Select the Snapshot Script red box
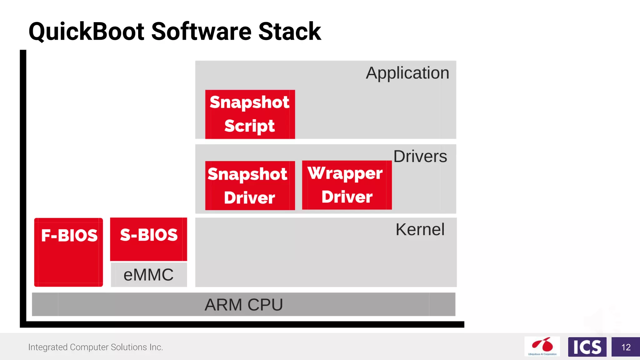pyautogui.click(x=250, y=114)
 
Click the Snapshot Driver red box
pyautogui.click(x=250, y=185)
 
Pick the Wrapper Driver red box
pyautogui.click(x=347, y=185)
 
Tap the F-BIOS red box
pyautogui.click(x=68, y=252)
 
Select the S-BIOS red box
pyautogui.click(x=148, y=239)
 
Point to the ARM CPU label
pyautogui.click(x=243, y=305)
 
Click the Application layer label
pyautogui.click(x=407, y=73)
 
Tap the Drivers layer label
pyautogui.click(x=420, y=156)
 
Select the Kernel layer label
pyautogui.click(x=420, y=229)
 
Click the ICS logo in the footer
pyautogui.click(x=587, y=347)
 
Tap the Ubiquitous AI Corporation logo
pyautogui.click(x=542, y=346)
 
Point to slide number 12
pyautogui.click(x=626, y=347)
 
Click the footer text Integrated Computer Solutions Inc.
pyautogui.click(x=96, y=347)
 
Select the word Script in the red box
pyautogui.click(x=249, y=126)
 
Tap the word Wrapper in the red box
pyautogui.click(x=345, y=173)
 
